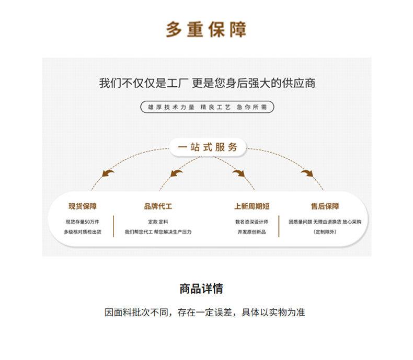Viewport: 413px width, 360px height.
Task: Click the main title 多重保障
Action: (x=206, y=29)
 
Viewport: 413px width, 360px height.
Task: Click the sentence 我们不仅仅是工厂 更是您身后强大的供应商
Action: (x=207, y=83)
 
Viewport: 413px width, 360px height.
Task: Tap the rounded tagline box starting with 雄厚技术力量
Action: (x=208, y=107)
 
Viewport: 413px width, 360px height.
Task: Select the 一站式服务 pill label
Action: (x=208, y=147)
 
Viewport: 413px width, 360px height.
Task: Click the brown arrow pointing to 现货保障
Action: (x=108, y=173)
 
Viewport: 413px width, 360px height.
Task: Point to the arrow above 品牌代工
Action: (x=176, y=173)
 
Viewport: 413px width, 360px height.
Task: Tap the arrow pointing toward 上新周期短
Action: (x=238, y=173)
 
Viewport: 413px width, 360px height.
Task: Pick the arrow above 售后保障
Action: (x=307, y=173)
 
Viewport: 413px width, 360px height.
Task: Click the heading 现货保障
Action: (x=83, y=206)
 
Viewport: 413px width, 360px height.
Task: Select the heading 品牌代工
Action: (x=158, y=206)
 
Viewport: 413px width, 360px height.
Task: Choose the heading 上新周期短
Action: (x=252, y=206)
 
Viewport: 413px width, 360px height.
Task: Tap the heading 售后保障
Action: (x=325, y=206)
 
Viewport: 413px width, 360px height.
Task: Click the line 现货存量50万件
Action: (x=83, y=222)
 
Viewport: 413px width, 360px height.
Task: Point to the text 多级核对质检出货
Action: (x=83, y=232)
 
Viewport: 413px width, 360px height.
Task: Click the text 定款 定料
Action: (x=158, y=222)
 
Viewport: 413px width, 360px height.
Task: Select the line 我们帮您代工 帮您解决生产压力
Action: (x=158, y=232)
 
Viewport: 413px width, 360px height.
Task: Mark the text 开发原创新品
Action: (x=252, y=232)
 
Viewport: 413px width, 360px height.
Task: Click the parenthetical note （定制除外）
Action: (x=325, y=232)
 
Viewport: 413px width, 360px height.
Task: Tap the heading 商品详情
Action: (x=201, y=289)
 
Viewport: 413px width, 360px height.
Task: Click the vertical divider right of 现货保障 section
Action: (x=113, y=226)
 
